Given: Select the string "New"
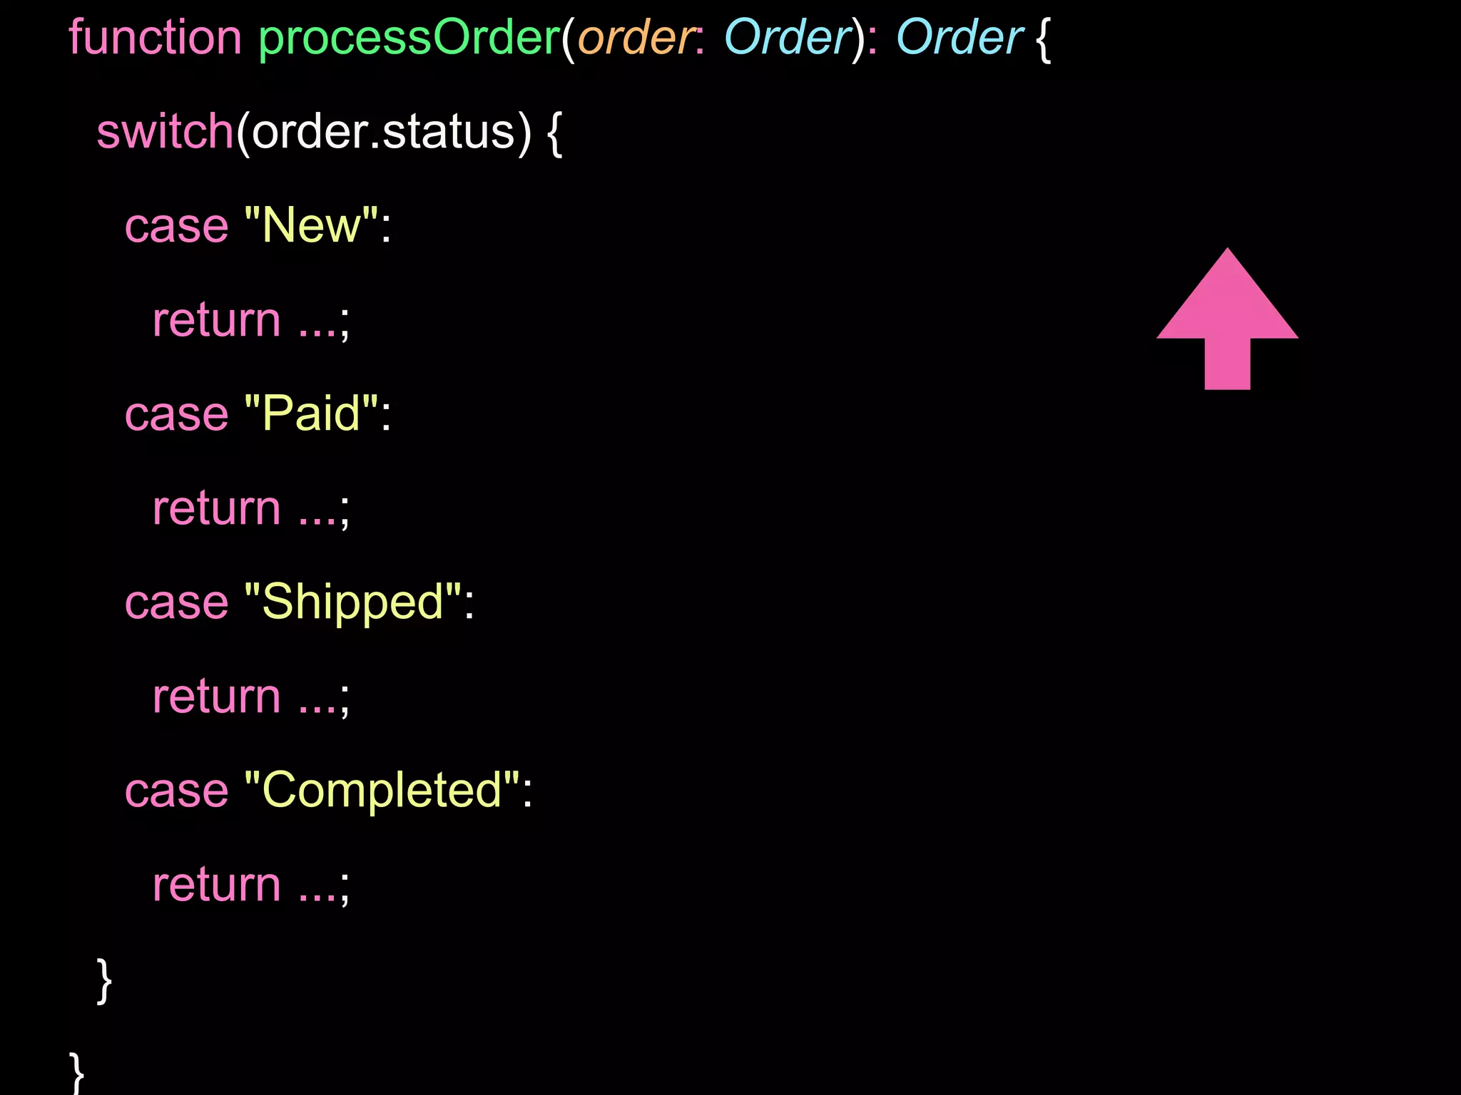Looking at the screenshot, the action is pyautogui.click(x=311, y=226).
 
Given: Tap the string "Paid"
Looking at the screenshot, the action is pyautogui.click(x=311, y=414).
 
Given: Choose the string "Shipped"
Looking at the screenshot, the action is pyautogui.click(x=352, y=602).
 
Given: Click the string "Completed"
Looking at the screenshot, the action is pyautogui.click(x=382, y=791).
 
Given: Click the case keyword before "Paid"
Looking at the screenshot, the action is pyautogui.click(x=176, y=414).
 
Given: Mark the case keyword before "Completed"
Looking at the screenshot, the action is pyautogui.click(x=176, y=791).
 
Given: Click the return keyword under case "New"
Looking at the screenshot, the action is pyautogui.click(x=217, y=320).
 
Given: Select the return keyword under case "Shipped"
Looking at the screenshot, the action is pyautogui.click(x=217, y=696).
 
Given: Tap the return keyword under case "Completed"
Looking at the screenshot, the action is pyautogui.click(x=217, y=885).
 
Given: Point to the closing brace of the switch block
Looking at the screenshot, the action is pyautogui.click(x=104, y=981).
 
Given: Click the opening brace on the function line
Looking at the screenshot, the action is pyautogui.click(x=1043, y=39).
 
